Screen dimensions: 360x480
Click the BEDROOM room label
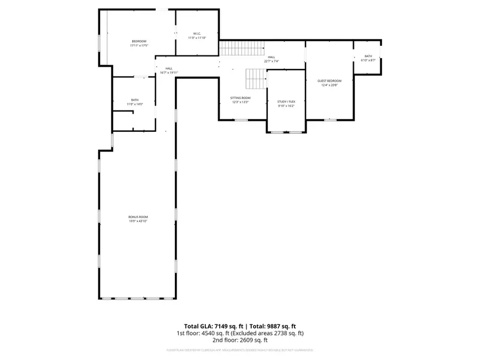pyautogui.click(x=139, y=41)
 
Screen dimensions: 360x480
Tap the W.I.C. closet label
pyautogui.click(x=197, y=34)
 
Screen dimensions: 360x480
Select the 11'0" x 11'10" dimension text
pyautogui.click(x=197, y=38)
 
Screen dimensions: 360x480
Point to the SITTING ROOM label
pyautogui.click(x=240, y=98)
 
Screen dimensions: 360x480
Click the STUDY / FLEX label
pyautogui.click(x=286, y=101)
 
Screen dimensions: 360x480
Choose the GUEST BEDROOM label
pyautogui.click(x=329, y=81)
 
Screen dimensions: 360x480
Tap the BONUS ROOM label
pyautogui.click(x=138, y=217)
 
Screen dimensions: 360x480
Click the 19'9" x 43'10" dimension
pyautogui.click(x=138, y=221)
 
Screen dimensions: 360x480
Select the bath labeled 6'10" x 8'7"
pyautogui.click(x=368, y=58)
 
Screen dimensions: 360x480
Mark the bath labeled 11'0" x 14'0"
pyautogui.click(x=135, y=102)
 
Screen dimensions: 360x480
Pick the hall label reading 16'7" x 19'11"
pyautogui.click(x=169, y=70)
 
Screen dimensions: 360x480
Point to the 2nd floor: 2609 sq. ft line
pyautogui.click(x=240, y=340)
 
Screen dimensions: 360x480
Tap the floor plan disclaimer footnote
pyautogui.click(x=240, y=350)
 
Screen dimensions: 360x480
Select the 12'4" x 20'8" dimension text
pyautogui.click(x=329, y=85)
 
